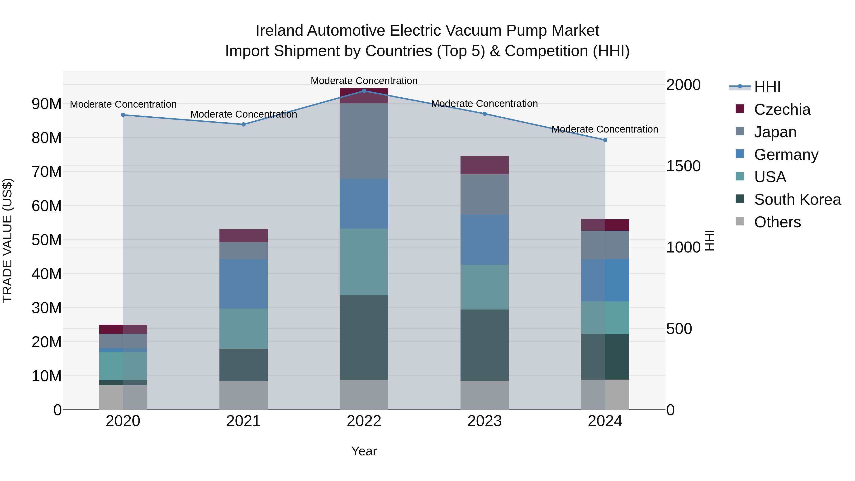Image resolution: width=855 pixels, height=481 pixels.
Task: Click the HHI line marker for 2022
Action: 364,91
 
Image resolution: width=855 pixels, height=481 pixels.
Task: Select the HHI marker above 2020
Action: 123,115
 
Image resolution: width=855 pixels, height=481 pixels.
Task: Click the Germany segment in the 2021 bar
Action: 243,284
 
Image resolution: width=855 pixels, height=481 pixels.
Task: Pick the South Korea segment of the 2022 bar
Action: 364,337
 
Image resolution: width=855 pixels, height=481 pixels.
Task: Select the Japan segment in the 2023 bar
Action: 484,195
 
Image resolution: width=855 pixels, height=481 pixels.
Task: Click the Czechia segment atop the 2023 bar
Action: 484,165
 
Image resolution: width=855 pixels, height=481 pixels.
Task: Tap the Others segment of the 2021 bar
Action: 243,395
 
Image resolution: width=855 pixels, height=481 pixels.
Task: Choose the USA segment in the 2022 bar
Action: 364,262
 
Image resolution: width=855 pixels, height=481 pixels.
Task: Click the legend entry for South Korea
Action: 797,200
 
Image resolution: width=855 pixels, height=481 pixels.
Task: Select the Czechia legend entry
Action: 782,110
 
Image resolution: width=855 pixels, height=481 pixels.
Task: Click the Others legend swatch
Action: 740,221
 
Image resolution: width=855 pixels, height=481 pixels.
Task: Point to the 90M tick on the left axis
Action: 47,104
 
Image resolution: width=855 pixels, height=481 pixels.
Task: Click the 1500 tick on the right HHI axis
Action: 683,166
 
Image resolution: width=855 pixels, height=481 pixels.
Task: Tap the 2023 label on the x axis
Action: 484,421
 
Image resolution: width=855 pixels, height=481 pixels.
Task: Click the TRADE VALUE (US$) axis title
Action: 7,240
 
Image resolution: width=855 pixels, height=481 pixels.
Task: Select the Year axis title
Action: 364,451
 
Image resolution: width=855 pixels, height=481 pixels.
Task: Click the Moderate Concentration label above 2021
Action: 243,114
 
